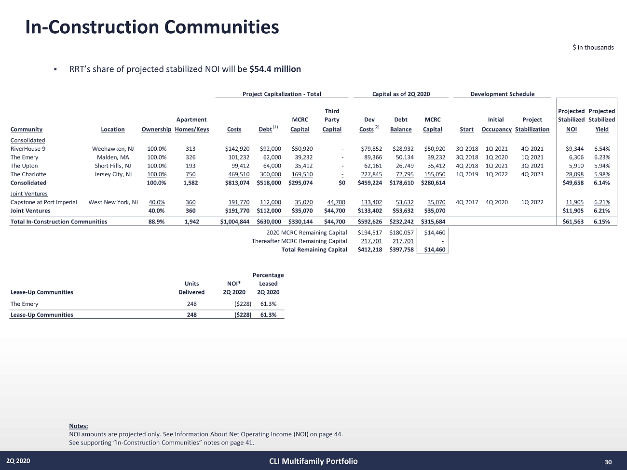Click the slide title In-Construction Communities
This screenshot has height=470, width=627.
click(152, 27)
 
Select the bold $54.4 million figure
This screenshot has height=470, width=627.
click(275, 69)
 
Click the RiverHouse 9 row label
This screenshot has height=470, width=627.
click(28, 149)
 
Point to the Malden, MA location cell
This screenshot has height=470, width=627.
click(113, 157)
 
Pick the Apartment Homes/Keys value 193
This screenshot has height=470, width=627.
click(191, 166)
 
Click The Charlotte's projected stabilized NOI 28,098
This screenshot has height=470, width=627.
click(574, 174)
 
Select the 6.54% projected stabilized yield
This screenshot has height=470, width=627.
click(602, 149)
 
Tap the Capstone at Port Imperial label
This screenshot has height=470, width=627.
click(44, 202)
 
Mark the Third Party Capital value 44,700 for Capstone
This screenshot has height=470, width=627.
click(336, 202)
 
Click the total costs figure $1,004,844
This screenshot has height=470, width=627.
click(234, 222)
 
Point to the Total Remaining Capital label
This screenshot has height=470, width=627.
click(314, 249)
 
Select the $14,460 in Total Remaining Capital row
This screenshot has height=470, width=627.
click(434, 249)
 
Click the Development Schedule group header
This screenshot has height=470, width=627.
click(502, 94)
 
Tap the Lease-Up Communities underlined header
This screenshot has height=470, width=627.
click(42, 292)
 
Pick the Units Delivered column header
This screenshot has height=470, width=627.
click(191, 288)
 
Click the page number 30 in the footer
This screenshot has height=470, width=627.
click(608, 462)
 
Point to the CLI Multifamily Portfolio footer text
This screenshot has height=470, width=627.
click(313, 461)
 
